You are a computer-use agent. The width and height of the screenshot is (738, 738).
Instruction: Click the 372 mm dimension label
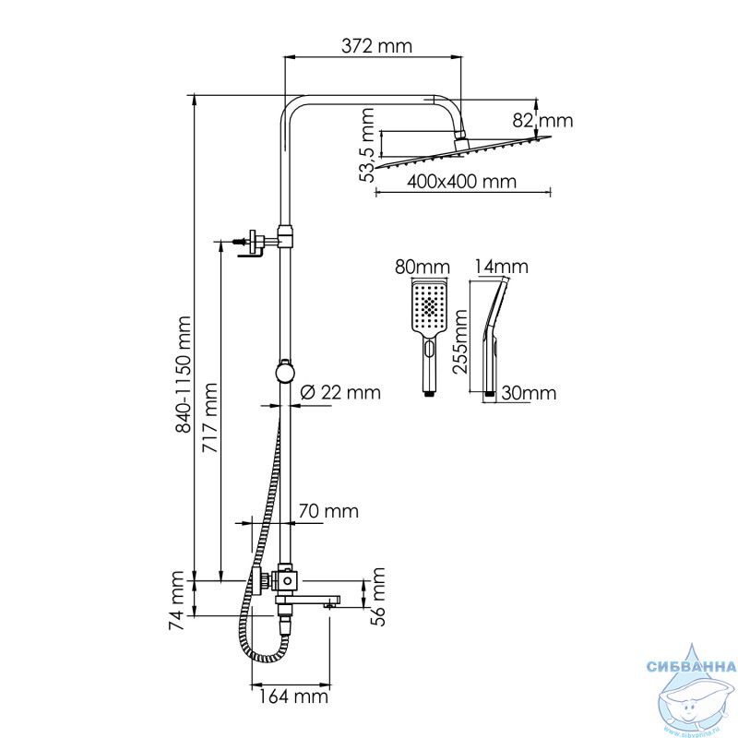pos(376,46)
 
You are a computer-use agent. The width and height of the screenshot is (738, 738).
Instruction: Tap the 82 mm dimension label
pos(542,121)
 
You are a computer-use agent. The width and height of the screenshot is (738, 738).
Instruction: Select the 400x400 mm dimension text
pos(461,181)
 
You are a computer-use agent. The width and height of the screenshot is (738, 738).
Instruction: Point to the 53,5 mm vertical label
pos(366,145)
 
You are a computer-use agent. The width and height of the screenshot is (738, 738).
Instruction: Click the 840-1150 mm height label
pos(183,375)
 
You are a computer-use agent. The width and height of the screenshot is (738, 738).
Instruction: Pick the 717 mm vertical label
pos(210,418)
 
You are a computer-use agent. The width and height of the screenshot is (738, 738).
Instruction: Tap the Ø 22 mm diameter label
pos(339,392)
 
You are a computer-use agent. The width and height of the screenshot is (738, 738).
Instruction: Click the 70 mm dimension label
pos(328,511)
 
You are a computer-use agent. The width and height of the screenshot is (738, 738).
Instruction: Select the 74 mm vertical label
pos(176,601)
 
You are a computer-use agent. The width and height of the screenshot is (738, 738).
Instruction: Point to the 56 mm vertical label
pos(377,597)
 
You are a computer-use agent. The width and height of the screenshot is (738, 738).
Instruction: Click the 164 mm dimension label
pos(293,696)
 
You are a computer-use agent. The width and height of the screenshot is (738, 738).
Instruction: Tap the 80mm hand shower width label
pos(423,267)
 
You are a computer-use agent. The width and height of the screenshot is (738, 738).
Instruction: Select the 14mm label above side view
pos(501,267)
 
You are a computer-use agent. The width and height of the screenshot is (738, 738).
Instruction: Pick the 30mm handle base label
pos(529,393)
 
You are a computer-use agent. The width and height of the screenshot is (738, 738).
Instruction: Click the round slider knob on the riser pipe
pos(285,372)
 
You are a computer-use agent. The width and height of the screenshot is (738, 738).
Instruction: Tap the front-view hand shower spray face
pos(429,306)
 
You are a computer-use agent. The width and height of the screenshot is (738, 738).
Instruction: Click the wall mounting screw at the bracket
pos(240,242)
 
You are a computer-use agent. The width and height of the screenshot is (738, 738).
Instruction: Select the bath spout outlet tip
pos(329,606)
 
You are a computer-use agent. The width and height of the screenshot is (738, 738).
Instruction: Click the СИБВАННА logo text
pos(691,666)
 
